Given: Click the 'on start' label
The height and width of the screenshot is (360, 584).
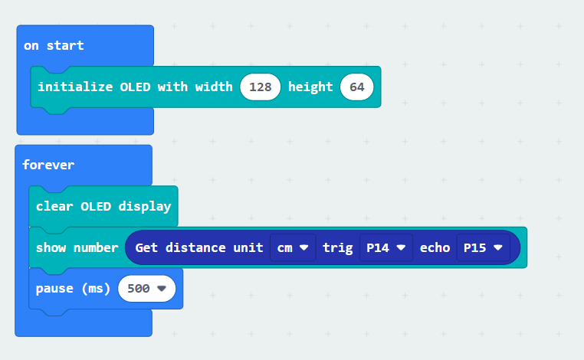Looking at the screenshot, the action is pyautogui.click(x=54, y=45).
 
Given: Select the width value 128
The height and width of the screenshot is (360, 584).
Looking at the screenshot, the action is pyautogui.click(x=261, y=87).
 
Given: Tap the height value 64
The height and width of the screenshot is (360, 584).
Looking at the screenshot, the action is pyautogui.click(x=357, y=87).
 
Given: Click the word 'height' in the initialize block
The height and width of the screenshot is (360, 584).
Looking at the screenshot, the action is pyautogui.click(x=310, y=87).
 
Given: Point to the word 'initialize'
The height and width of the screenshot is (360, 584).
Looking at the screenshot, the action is pyautogui.click(x=75, y=87).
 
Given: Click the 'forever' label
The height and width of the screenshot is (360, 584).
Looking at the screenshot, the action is pyautogui.click(x=48, y=165).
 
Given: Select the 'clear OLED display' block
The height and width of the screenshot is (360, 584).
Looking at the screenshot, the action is pyautogui.click(x=103, y=206).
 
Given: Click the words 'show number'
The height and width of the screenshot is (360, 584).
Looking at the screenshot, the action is pyautogui.click(x=77, y=247).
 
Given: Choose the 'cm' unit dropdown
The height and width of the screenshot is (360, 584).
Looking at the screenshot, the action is pyautogui.click(x=293, y=247).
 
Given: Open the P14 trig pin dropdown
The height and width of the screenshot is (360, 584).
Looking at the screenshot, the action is pyautogui.click(x=386, y=247).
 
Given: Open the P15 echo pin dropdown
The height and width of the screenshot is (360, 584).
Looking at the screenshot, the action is pyautogui.click(x=483, y=247).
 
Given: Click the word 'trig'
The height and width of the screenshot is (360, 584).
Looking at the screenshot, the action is pyautogui.click(x=338, y=248).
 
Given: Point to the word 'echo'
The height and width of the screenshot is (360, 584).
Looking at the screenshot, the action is pyautogui.click(x=435, y=247).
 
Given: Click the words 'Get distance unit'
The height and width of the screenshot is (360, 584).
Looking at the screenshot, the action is pyautogui.click(x=199, y=247).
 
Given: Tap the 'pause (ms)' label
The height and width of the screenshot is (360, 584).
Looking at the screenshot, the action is pyautogui.click(x=73, y=289).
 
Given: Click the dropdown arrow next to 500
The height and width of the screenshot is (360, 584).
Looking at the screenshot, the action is pyautogui.click(x=162, y=289).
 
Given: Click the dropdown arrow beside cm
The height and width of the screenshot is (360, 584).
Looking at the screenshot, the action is pyautogui.click(x=304, y=247).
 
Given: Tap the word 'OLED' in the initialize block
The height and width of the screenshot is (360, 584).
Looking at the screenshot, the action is pyautogui.click(x=135, y=87).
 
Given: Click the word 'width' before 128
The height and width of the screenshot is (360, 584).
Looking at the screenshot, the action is pyautogui.click(x=214, y=87).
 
